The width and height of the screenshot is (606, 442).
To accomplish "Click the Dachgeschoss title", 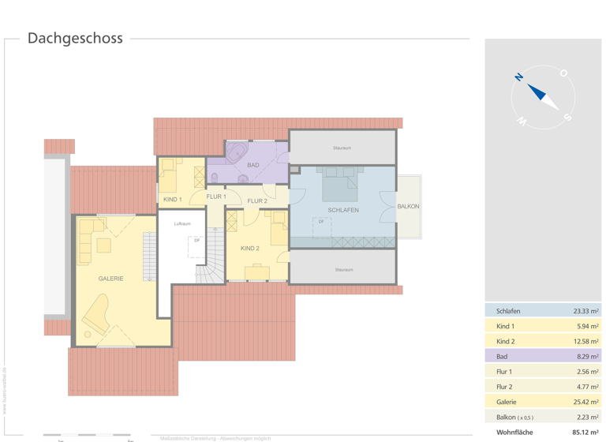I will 75,38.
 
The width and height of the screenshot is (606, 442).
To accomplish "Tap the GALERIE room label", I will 110,279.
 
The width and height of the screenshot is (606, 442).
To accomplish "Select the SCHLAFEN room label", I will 343,210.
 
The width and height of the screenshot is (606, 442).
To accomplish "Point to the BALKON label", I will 408,207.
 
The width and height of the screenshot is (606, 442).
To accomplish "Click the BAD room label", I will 252,165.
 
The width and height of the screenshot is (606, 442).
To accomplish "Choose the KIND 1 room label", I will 172,200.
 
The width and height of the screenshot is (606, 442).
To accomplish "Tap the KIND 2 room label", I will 249,249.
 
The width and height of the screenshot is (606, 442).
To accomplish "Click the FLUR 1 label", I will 215,197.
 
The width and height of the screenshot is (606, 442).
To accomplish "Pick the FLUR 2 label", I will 257,201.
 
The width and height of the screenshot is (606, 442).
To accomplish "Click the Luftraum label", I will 182,224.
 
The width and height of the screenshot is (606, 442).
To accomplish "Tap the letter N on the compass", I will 519,77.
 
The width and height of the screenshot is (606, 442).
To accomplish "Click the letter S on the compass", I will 567,117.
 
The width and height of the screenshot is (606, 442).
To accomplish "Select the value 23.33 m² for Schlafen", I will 585,311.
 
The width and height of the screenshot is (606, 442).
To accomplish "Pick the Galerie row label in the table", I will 507,402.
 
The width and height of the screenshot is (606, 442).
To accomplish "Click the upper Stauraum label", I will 342,148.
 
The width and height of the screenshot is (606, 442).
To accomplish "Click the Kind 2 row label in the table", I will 506,341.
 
